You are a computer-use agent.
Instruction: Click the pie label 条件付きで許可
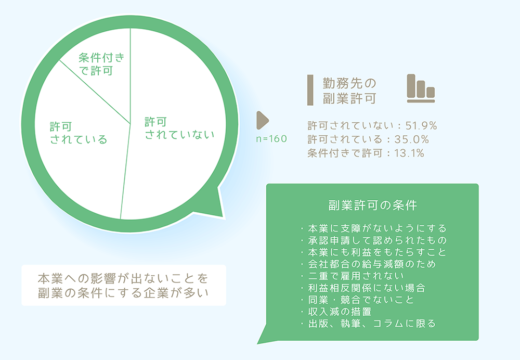(x=102, y=64)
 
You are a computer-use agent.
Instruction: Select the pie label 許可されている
(x=79, y=133)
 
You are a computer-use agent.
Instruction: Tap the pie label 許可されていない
(x=179, y=128)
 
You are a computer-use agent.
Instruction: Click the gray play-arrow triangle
(x=262, y=120)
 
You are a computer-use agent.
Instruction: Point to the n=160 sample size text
(x=271, y=139)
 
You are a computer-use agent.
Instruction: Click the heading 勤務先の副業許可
(x=349, y=91)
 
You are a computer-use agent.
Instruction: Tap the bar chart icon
(x=421, y=88)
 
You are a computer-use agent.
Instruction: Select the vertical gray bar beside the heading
(x=310, y=90)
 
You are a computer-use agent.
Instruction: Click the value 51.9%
(x=421, y=125)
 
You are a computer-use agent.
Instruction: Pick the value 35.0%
(x=411, y=139)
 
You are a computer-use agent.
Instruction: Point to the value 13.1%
(x=409, y=153)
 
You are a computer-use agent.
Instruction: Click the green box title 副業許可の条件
(x=372, y=205)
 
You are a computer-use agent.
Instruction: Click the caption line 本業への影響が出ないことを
(x=123, y=278)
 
